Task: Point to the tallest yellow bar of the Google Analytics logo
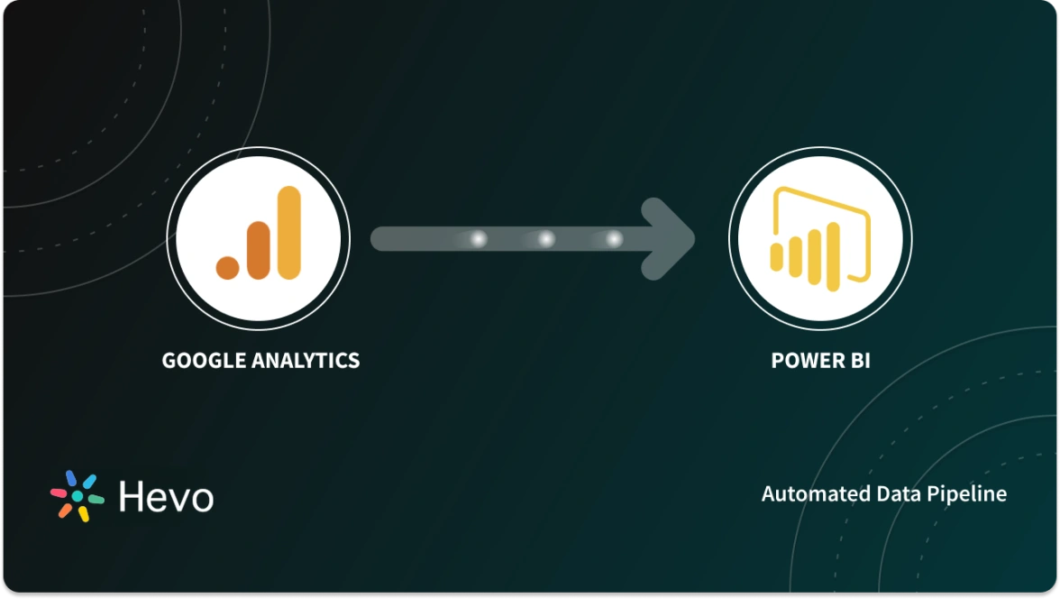[288, 232]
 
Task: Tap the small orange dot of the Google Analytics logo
[227, 266]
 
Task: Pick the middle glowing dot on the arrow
[546, 239]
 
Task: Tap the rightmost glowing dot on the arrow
[614, 239]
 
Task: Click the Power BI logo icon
[820, 237]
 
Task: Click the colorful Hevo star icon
[77, 495]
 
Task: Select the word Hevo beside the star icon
[166, 496]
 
